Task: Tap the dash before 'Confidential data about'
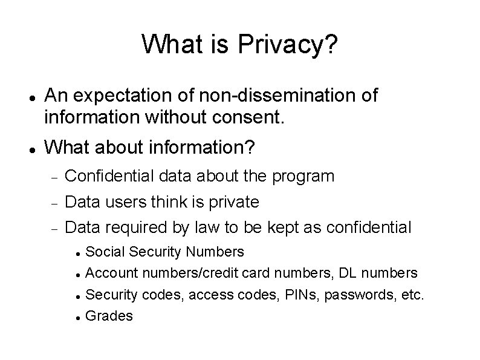click(x=53, y=177)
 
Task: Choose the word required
click(x=129, y=227)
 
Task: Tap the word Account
click(x=110, y=272)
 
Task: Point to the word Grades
click(x=109, y=315)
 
